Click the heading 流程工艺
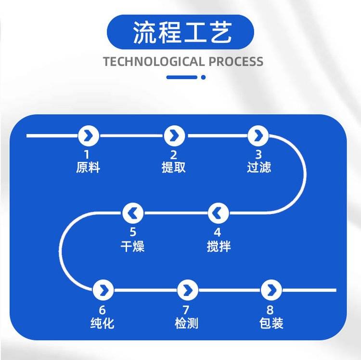tap(180, 32)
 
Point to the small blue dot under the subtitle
tap(203, 77)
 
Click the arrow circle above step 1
tap(89, 136)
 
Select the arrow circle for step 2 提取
tap(174, 136)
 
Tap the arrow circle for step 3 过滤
tap(258, 136)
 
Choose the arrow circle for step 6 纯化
tap(103, 290)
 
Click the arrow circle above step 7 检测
tap(187, 290)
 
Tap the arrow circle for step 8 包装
tap(271, 290)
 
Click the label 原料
tap(88, 167)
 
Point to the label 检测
tap(187, 323)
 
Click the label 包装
tap(271, 323)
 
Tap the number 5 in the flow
tap(133, 232)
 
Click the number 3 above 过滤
tap(258, 155)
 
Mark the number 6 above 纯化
tap(103, 310)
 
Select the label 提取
tap(174, 167)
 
